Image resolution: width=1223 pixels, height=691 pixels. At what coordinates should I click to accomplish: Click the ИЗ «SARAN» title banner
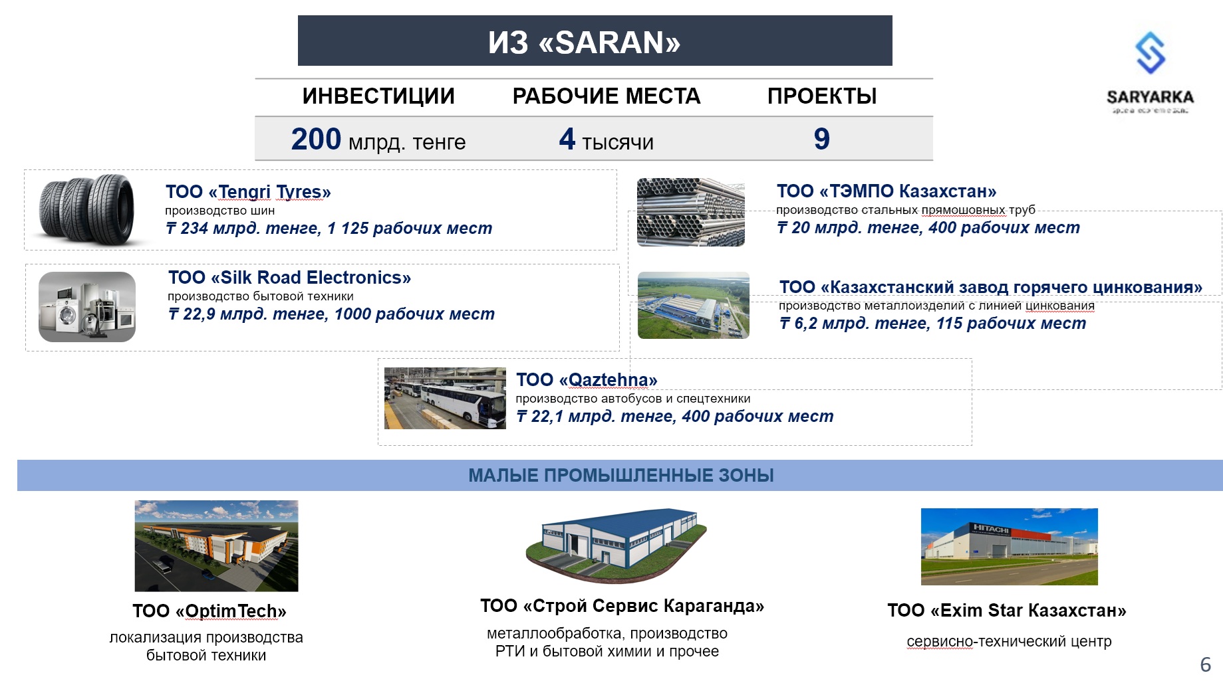tap(595, 41)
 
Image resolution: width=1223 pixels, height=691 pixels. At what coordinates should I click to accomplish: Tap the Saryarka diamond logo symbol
tap(1151, 52)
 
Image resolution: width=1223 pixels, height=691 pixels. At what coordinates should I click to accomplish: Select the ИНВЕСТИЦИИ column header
tap(378, 96)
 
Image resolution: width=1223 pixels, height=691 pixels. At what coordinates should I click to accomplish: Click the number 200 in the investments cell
tap(316, 139)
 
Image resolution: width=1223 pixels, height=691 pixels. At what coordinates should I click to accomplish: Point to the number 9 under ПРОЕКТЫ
tap(822, 139)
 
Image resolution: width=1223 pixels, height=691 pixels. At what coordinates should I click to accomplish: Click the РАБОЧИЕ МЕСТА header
tap(607, 96)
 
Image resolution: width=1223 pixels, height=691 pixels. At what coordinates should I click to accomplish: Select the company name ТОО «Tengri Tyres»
tap(248, 192)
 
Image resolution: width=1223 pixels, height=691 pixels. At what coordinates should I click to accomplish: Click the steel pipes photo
tap(691, 212)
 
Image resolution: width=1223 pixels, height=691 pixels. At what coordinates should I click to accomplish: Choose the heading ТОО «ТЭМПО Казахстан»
tap(886, 191)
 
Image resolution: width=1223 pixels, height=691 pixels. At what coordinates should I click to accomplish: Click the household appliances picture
tap(87, 307)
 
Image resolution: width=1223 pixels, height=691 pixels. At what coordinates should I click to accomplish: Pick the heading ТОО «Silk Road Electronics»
tap(289, 278)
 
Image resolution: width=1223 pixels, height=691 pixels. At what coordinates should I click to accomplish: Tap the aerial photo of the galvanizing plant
tap(694, 306)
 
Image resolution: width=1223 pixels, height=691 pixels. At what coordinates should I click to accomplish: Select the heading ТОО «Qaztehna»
tap(587, 380)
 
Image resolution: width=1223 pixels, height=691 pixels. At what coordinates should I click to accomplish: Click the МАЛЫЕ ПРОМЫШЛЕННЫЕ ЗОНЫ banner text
tap(621, 476)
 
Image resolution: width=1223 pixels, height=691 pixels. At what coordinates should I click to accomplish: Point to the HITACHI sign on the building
tap(991, 529)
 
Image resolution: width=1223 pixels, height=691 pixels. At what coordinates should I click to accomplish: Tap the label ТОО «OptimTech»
tap(209, 611)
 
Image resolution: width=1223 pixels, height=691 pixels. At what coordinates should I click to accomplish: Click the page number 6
tap(1206, 664)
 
